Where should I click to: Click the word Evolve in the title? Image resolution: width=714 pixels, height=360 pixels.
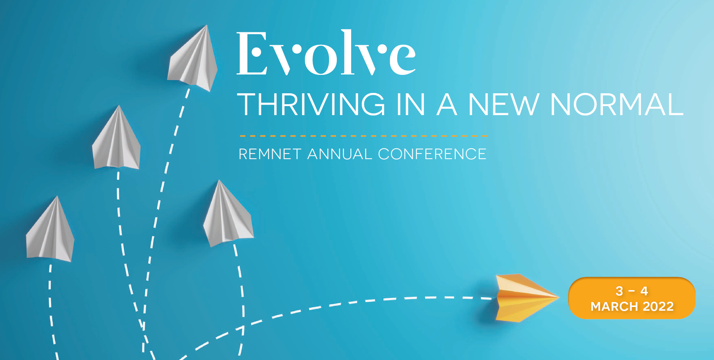pyautogui.click(x=326, y=54)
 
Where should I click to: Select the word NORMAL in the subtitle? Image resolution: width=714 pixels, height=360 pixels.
pyautogui.click(x=617, y=104)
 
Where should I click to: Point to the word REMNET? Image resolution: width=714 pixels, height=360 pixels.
pyautogui.click(x=270, y=154)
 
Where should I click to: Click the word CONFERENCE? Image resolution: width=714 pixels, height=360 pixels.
pyautogui.click(x=432, y=154)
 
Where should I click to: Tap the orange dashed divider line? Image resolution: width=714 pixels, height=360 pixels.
pyautogui.click(x=363, y=136)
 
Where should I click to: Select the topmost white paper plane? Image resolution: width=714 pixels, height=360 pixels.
pyautogui.click(x=194, y=60)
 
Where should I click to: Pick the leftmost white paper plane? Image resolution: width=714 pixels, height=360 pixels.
pyautogui.click(x=50, y=231)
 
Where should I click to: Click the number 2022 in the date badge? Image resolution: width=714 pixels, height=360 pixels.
pyautogui.click(x=658, y=307)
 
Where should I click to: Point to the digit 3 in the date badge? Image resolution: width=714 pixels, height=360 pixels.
pyautogui.click(x=619, y=291)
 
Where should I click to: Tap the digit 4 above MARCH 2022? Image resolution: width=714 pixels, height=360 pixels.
pyautogui.click(x=644, y=291)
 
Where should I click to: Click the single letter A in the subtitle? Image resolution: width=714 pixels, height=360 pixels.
pyautogui.click(x=447, y=104)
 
